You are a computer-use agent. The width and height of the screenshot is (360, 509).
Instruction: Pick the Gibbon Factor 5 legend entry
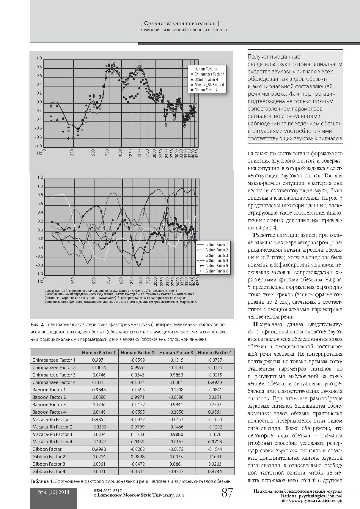(x=216, y=266)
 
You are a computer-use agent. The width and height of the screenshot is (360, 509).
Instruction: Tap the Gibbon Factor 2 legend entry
(x=216, y=250)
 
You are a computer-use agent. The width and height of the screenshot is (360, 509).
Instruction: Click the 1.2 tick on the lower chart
(x=40, y=177)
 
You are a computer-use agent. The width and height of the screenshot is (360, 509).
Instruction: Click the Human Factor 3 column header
(x=176, y=352)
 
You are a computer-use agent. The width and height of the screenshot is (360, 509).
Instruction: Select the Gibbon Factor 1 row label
(x=48, y=449)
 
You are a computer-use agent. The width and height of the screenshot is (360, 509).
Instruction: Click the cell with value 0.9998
(x=99, y=449)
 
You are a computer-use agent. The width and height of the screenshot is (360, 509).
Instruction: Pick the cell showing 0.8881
(x=176, y=464)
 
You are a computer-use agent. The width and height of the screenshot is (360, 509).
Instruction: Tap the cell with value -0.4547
(x=176, y=471)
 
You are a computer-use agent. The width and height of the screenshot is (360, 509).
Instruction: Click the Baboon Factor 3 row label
(x=49, y=404)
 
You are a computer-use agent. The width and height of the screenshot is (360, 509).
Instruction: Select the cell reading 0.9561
(x=215, y=412)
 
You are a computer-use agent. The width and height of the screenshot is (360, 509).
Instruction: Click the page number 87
(x=227, y=494)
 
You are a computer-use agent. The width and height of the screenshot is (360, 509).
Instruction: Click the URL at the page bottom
(x=311, y=501)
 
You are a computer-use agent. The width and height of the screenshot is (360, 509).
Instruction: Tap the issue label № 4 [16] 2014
(x=54, y=492)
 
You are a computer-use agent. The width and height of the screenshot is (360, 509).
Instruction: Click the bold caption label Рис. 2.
(x=37, y=324)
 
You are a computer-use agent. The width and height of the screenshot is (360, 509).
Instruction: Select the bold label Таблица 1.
(x=42, y=481)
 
